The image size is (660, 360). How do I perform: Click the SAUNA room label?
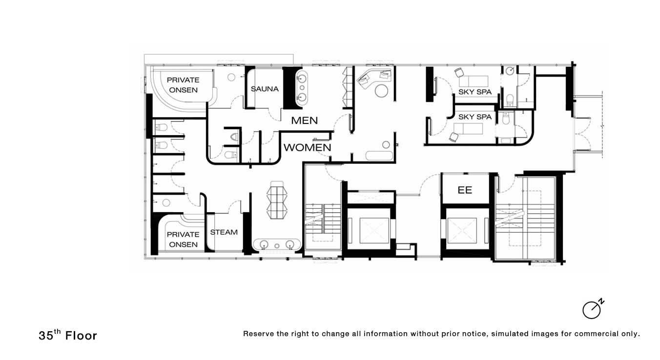click(265, 89)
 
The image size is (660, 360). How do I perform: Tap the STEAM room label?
click(224, 232)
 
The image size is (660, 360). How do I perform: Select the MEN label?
click(304, 120)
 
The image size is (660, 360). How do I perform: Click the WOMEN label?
click(308, 147)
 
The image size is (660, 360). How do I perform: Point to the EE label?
click(465, 190)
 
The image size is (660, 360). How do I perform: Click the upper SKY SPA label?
click(475, 92)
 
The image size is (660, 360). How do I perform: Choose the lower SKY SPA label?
click(475, 117)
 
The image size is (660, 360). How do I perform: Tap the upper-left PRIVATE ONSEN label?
click(183, 85)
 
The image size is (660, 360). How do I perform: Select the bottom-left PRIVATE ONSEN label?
click(183, 240)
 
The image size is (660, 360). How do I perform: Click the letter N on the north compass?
click(601, 302)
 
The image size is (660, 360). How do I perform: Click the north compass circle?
click(591, 310)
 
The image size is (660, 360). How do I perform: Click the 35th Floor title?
click(68, 335)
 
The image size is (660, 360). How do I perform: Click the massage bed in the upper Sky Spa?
click(474, 81)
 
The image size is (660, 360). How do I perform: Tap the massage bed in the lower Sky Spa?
click(468, 129)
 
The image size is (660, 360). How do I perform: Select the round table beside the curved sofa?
click(382, 91)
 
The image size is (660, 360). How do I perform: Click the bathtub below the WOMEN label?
click(379, 156)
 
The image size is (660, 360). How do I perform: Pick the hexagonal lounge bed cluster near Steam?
click(277, 200)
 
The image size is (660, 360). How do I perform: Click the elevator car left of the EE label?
click(374, 230)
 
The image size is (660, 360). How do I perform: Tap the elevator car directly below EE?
click(462, 230)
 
